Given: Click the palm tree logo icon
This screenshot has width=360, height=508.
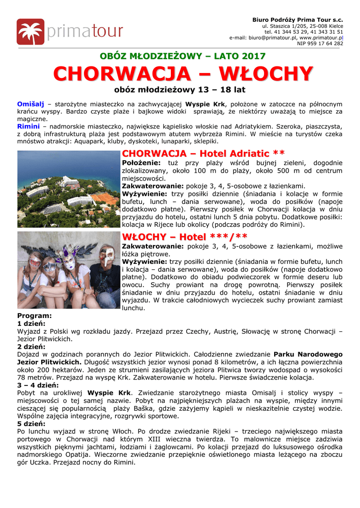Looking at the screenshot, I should click(x=30, y=32).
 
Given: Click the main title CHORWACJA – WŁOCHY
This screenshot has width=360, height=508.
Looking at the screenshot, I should click(x=183, y=74).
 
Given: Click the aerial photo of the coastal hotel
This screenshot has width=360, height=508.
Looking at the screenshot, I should click(x=69, y=189).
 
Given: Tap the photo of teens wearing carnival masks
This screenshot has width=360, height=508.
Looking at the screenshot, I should click(x=69, y=270).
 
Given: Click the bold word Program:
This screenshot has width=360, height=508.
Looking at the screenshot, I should click(x=34, y=316).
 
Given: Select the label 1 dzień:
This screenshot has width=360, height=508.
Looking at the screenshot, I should click(x=31, y=323).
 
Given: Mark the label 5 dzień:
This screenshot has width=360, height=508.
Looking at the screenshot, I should click(x=31, y=424).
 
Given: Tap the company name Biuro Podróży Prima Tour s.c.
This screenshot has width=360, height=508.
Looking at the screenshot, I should click(x=297, y=19).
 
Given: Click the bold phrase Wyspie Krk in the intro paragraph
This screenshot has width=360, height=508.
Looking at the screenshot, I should click(x=205, y=104).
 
